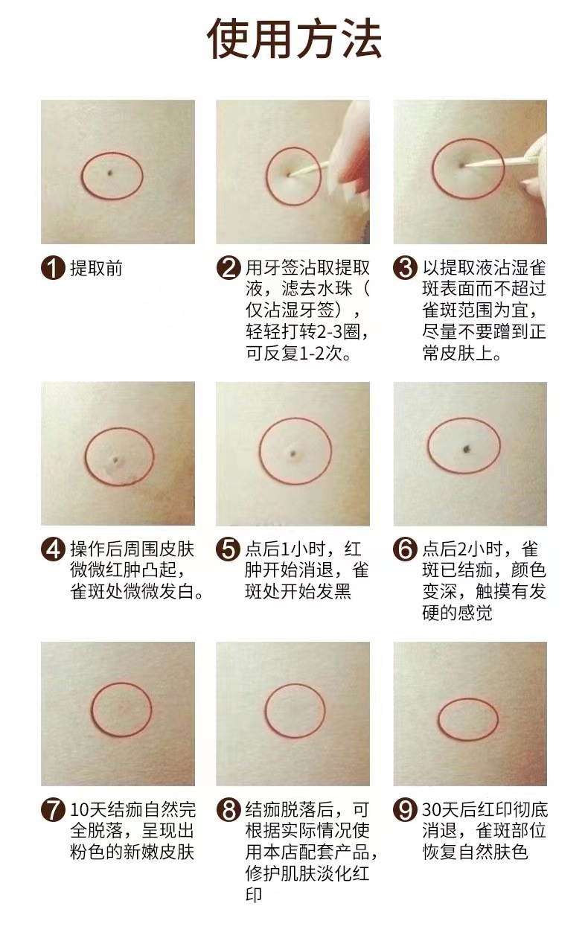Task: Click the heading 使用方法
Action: pyautogui.click(x=294, y=38)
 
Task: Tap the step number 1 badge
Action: pyautogui.click(x=53, y=267)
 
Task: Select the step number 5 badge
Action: pyautogui.click(x=228, y=549)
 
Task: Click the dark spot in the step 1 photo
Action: pyautogui.click(x=110, y=173)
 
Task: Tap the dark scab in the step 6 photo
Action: pyautogui.click(x=467, y=448)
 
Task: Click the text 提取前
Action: pyautogui.click(x=96, y=268)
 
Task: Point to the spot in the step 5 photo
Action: pyautogui.click(x=293, y=454)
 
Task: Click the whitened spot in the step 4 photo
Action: pyautogui.click(x=115, y=460)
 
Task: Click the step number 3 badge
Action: pyautogui.click(x=406, y=267)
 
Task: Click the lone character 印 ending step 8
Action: pyautogui.click(x=254, y=894)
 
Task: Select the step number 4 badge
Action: pyautogui.click(x=53, y=549)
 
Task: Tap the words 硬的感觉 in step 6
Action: pyautogui.click(x=458, y=613)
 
